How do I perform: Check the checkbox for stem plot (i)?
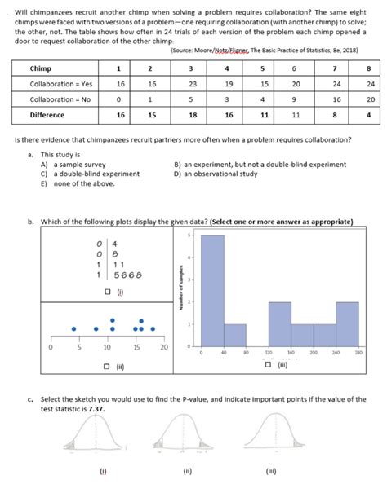[x=108, y=292]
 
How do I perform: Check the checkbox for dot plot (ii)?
[x=108, y=367]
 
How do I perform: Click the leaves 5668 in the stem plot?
[x=129, y=275]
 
